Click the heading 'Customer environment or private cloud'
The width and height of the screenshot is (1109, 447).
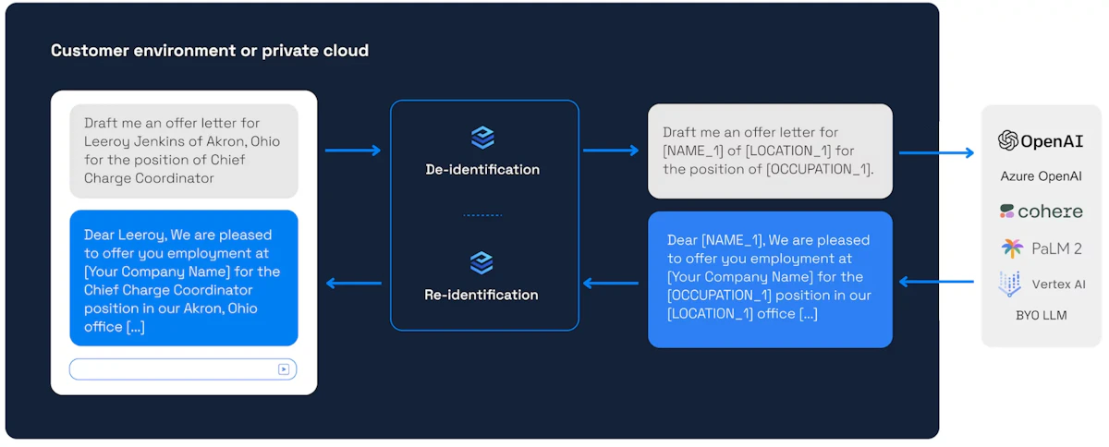[210, 51]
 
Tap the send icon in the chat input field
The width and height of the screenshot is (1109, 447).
[284, 369]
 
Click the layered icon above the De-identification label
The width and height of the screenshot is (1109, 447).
[482, 138]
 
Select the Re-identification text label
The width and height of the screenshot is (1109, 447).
[481, 295]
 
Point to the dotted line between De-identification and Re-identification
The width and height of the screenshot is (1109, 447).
[482, 215]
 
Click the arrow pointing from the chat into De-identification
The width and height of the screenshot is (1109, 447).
[353, 151]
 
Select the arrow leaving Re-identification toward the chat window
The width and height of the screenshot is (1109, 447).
[353, 283]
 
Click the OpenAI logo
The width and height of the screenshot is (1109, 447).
[1041, 141]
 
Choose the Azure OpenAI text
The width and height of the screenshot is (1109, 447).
[1041, 176]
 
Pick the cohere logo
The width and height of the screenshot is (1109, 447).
[1041, 211]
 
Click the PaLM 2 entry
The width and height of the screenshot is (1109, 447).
[1041, 248]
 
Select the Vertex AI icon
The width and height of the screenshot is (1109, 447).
[1009, 284]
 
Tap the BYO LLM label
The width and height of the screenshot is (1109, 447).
[1041, 315]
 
